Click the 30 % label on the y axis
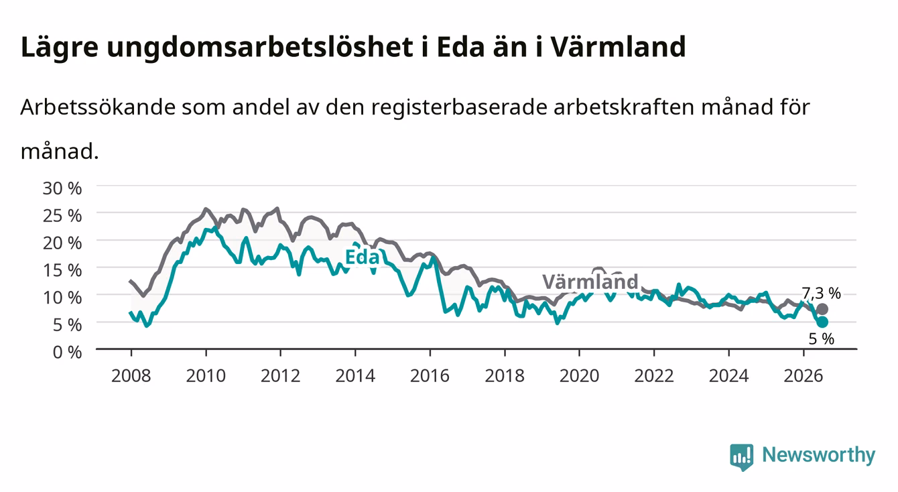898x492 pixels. pyautogui.click(x=62, y=188)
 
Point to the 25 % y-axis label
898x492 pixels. pyautogui.click(x=62, y=216)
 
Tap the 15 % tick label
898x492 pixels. pyautogui.click(x=62, y=270)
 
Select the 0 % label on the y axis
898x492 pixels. pyautogui.click(x=67, y=352)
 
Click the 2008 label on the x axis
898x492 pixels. pyautogui.click(x=131, y=376)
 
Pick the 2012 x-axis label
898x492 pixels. pyautogui.click(x=281, y=376)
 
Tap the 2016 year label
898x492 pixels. pyautogui.click(x=430, y=376)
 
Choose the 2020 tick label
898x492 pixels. pyautogui.click(x=579, y=376)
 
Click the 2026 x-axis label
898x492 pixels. pyautogui.click(x=804, y=376)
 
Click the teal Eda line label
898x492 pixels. pyautogui.click(x=362, y=257)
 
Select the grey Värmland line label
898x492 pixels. pyautogui.click(x=590, y=282)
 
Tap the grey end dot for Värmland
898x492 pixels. pyautogui.click(x=822, y=309)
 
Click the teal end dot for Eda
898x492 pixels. pyautogui.click(x=822, y=322)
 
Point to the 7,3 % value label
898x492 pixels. pyautogui.click(x=821, y=294)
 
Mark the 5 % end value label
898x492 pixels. pyautogui.click(x=822, y=339)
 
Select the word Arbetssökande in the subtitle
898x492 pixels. pyautogui.click(x=98, y=107)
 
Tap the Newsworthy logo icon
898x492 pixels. pyautogui.click(x=742, y=457)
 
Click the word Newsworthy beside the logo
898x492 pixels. pyautogui.click(x=819, y=455)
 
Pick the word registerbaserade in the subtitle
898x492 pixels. pyautogui.click(x=459, y=107)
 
